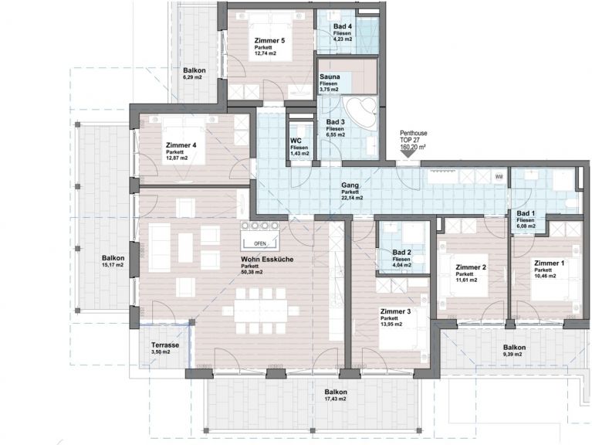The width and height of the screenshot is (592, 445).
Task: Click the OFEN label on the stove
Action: pos(260,243)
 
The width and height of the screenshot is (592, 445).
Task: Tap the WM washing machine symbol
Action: pos(499,177)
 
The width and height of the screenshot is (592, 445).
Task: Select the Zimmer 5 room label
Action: pos(269,40)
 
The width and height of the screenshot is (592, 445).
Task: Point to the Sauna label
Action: pos(330,76)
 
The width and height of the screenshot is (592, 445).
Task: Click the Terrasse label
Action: pos(165,345)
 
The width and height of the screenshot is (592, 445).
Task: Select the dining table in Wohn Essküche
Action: pos(260,311)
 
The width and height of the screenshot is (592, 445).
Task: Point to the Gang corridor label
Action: pos(350,185)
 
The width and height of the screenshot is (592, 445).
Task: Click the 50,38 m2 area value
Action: pos(252,272)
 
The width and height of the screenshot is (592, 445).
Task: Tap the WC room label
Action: pos(296,141)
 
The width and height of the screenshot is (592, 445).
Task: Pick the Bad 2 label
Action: pos(401,253)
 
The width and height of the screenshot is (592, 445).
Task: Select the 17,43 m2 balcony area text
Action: pos(335,399)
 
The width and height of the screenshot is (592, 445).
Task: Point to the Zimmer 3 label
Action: pos(395,311)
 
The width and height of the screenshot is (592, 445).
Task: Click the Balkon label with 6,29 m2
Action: pos(194,70)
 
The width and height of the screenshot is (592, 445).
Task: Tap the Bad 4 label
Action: pos(343,26)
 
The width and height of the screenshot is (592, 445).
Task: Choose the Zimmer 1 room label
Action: pos(549,263)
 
